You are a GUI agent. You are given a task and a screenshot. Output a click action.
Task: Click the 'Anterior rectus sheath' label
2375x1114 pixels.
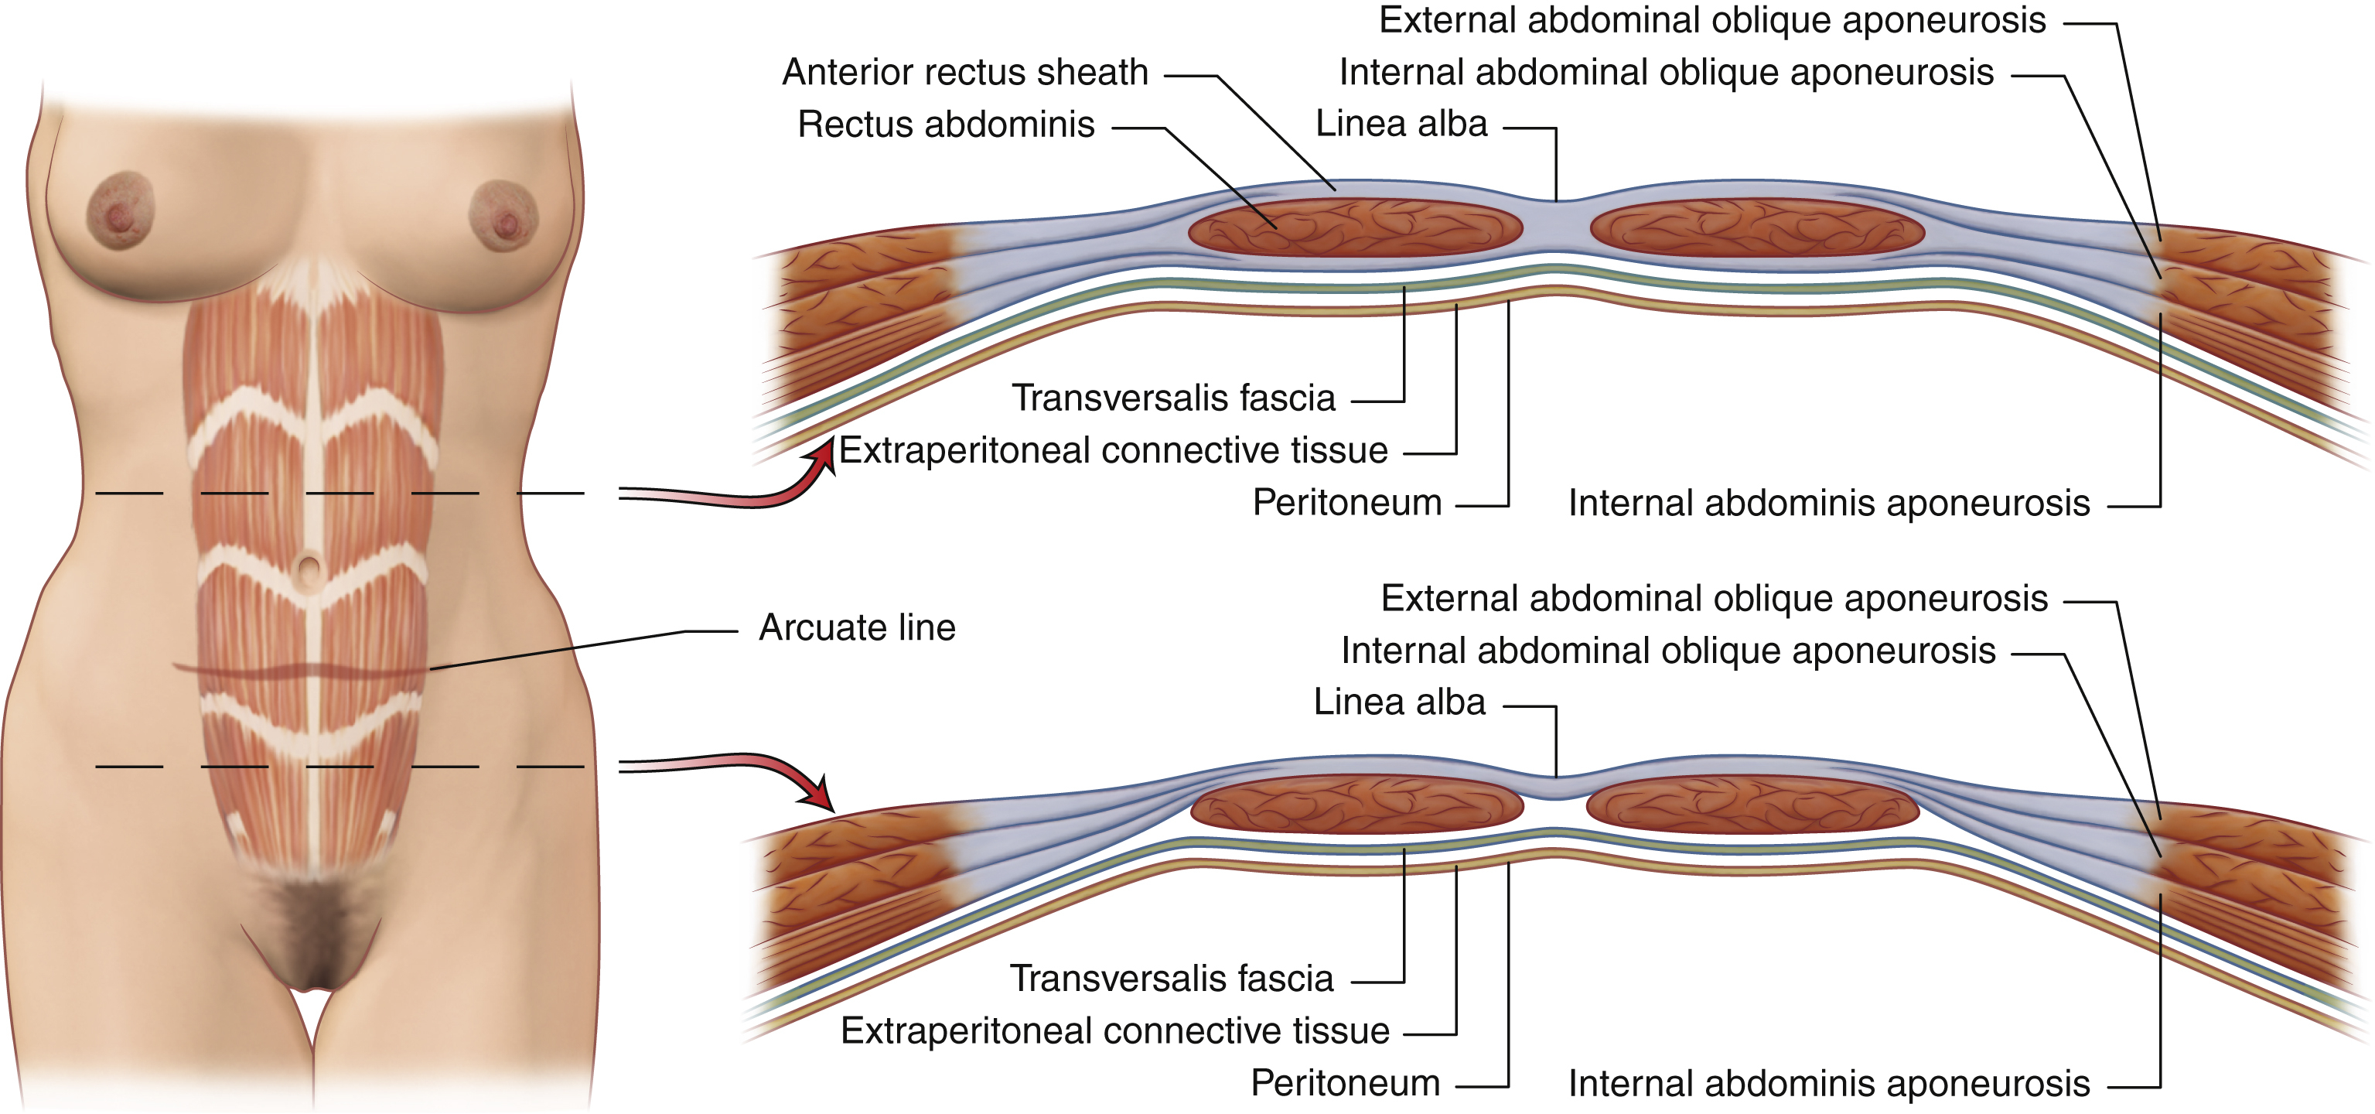(x=964, y=72)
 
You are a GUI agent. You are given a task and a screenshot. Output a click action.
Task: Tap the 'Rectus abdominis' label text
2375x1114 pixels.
(x=946, y=125)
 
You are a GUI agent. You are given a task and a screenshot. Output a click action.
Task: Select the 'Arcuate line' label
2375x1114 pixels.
(x=857, y=628)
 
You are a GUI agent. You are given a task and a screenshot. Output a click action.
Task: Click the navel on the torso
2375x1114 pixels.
(x=310, y=567)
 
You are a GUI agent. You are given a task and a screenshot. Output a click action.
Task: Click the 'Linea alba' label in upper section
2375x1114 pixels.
(x=1401, y=124)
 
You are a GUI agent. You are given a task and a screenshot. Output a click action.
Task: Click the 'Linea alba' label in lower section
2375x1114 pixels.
(x=1399, y=702)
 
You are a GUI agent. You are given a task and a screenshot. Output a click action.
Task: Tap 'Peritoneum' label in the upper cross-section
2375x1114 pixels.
(x=1346, y=503)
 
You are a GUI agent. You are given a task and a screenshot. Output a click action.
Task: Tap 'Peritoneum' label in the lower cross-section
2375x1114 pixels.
(x=1344, y=1082)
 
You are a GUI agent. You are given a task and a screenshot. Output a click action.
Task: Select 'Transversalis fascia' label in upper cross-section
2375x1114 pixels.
(x=1172, y=398)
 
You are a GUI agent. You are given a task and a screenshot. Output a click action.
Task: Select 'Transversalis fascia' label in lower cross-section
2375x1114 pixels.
(x=1171, y=979)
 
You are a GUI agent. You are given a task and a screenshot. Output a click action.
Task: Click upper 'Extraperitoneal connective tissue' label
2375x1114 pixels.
(x=1113, y=451)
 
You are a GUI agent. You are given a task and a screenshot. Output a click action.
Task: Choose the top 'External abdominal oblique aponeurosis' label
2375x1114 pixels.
(x=1712, y=20)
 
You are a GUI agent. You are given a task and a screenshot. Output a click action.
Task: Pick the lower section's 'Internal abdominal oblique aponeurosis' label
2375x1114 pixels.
(x=1668, y=651)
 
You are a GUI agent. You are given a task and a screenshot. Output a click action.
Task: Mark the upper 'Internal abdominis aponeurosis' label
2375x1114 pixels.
(x=1828, y=504)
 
